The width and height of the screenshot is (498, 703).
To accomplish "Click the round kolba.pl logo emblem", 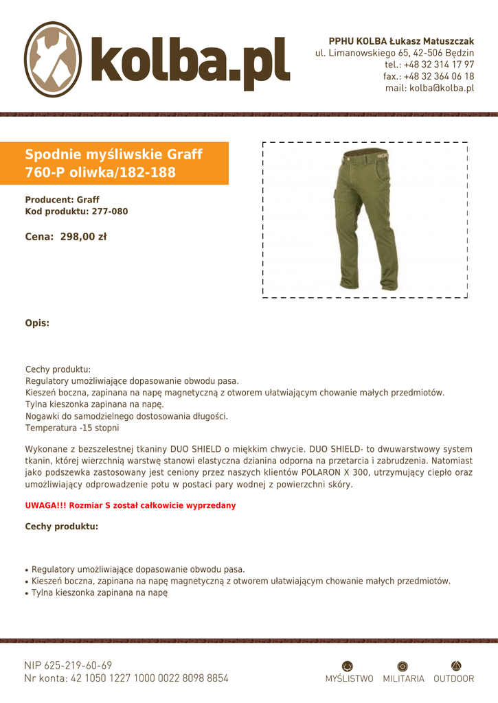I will tap(54, 59).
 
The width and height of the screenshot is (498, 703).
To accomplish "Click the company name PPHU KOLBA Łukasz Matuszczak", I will tap(401, 41).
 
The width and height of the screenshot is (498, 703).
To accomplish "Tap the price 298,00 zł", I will tap(83, 237).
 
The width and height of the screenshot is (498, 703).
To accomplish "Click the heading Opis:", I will tap(37, 323).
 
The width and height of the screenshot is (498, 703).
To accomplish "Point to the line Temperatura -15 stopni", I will tap(72, 428).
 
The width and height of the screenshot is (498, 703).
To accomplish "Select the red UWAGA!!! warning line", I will tap(131, 505).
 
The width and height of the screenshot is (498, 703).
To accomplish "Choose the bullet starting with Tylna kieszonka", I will tap(100, 592).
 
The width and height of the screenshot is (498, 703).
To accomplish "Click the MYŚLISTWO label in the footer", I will tap(350, 678).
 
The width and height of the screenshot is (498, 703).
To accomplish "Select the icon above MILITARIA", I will tap(403, 665).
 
